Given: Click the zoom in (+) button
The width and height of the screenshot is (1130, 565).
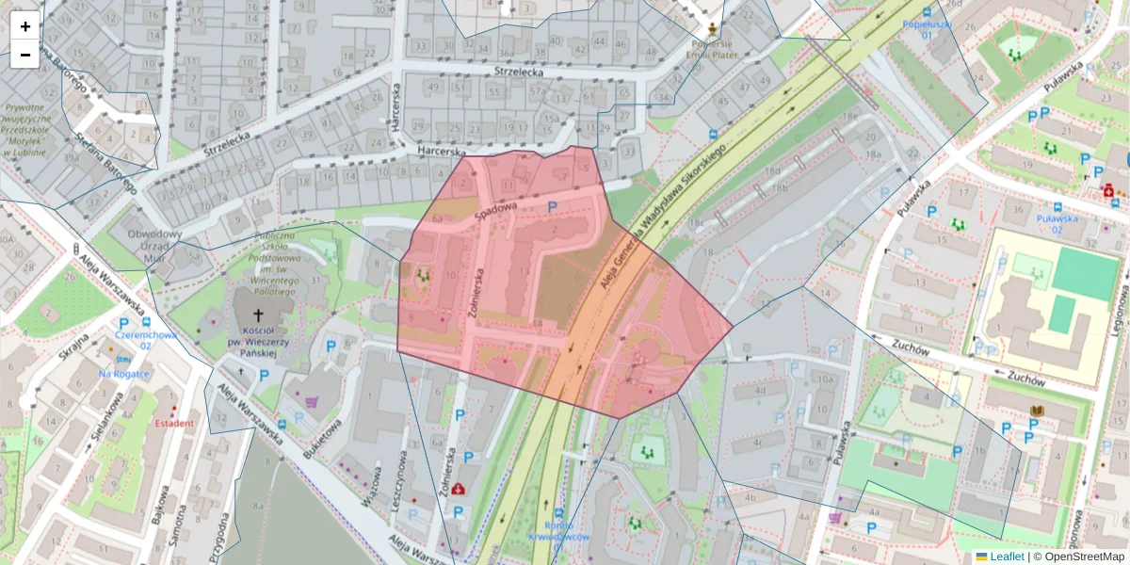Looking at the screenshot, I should [x=24, y=26].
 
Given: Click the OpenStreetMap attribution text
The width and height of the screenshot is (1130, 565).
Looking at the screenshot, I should [x=1078, y=557].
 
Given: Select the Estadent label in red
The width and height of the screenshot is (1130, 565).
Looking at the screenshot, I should [x=174, y=423].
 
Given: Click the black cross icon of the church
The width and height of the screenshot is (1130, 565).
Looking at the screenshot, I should [x=258, y=318].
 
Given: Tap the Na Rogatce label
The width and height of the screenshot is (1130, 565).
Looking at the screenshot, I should [x=124, y=374].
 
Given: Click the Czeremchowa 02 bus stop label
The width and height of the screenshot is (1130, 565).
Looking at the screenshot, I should [x=132, y=339].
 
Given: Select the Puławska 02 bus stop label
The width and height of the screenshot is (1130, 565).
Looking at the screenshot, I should [x=1061, y=223].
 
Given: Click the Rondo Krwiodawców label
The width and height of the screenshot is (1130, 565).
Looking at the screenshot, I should [x=557, y=531].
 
